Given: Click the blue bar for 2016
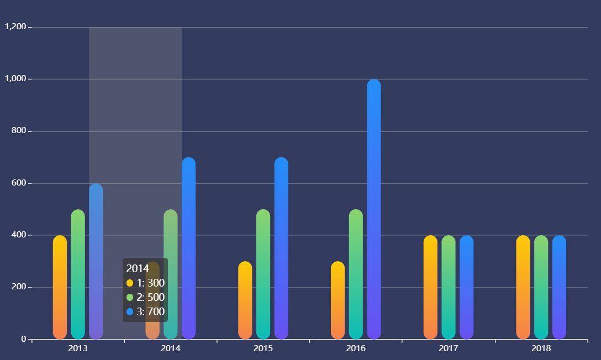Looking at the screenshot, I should (x=374, y=210).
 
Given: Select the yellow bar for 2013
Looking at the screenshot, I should (x=60, y=287).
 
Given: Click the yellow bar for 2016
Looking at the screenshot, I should (x=338, y=300).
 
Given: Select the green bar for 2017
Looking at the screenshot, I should (x=449, y=287).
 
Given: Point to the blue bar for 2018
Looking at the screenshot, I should (x=559, y=287).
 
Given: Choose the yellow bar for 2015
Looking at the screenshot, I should (x=245, y=300).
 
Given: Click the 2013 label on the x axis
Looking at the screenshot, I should (x=78, y=348).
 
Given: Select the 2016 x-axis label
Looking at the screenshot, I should (x=356, y=348).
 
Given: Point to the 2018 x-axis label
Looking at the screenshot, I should (x=541, y=348).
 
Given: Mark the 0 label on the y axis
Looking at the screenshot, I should (x=24, y=339).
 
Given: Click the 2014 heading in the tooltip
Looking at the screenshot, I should (x=138, y=268).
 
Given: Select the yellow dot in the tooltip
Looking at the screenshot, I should (x=130, y=283).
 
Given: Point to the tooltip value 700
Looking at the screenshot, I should (x=156, y=311).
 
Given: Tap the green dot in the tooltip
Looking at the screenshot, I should (x=130, y=297).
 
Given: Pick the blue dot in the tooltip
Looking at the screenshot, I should (x=130, y=311).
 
